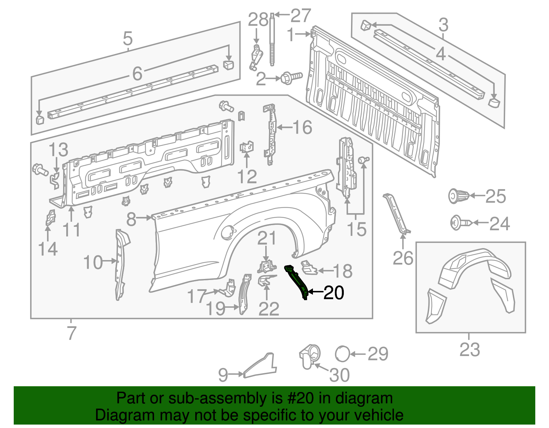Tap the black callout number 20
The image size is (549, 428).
(334, 293)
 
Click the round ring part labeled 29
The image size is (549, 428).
(342, 354)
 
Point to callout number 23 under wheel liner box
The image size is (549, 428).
(469, 350)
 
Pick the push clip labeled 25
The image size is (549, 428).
(458, 196)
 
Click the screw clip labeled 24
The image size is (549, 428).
(460, 223)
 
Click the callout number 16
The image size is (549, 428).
(302, 127)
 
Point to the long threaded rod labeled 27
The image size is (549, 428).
(272, 39)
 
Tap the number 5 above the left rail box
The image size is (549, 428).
(128, 39)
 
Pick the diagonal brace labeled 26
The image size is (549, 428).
(396, 214)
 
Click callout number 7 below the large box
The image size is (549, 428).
(71, 333)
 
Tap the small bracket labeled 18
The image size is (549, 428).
(309, 268)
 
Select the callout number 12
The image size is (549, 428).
(247, 177)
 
